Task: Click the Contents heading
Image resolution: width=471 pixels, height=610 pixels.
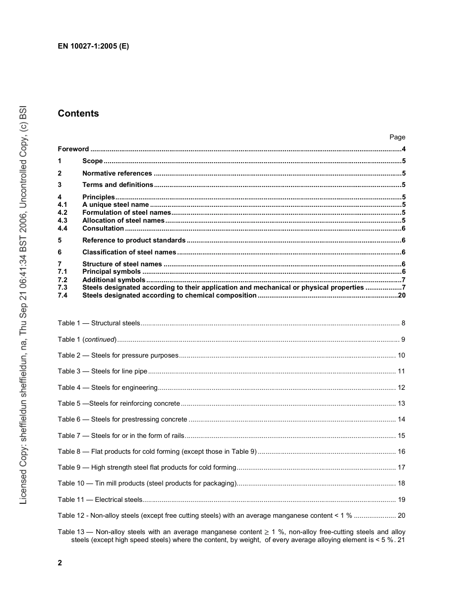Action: (78, 114)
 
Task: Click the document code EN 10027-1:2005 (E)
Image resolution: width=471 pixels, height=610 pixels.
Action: (93, 46)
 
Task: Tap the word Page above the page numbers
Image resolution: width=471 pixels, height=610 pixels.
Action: (397, 137)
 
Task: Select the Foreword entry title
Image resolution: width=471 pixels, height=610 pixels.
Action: (73, 149)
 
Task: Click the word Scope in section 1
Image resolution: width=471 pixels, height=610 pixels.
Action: (93, 161)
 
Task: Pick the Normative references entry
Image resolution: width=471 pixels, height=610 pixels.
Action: (117, 174)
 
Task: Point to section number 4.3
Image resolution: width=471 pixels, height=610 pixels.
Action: (62, 221)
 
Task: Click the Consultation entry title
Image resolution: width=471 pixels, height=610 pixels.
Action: (103, 229)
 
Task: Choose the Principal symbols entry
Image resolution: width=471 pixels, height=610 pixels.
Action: (112, 272)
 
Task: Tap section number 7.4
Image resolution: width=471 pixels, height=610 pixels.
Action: (62, 296)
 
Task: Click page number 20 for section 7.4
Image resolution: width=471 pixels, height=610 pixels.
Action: (402, 296)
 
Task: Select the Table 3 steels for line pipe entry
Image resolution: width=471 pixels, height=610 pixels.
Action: (103, 371)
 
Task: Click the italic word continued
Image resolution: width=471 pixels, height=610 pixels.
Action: (100, 340)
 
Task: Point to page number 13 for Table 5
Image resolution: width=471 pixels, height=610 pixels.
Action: (402, 404)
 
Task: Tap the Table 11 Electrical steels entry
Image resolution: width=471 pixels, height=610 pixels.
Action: (100, 500)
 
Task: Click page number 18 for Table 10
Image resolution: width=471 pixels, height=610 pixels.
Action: (402, 484)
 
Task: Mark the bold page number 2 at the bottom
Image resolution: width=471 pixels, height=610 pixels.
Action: (60, 563)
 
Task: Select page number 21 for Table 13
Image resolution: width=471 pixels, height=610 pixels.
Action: (402, 540)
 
